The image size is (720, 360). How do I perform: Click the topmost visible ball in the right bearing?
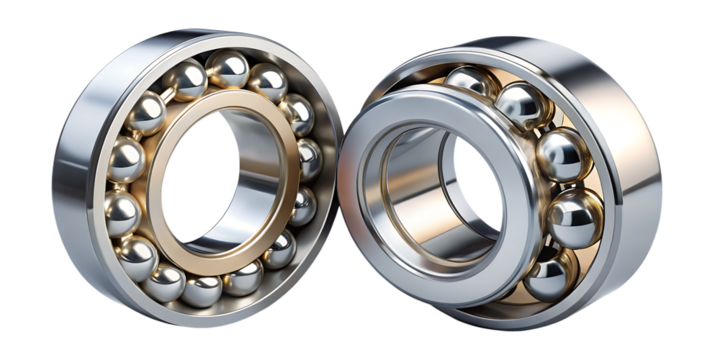pyautogui.click(x=468, y=82)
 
